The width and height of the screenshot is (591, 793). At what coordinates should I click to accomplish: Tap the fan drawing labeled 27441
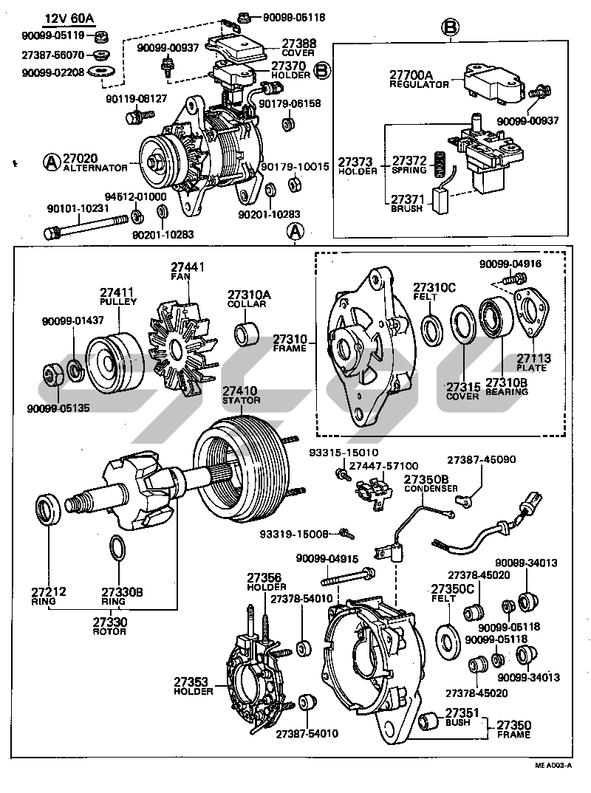point(181,340)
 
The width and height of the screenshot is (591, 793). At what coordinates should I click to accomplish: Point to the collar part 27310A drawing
point(247,333)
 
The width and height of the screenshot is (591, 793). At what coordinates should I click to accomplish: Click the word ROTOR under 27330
point(109,632)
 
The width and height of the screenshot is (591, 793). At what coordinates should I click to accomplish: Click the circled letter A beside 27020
point(51,160)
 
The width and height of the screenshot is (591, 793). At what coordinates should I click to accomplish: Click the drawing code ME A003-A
point(551,766)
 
